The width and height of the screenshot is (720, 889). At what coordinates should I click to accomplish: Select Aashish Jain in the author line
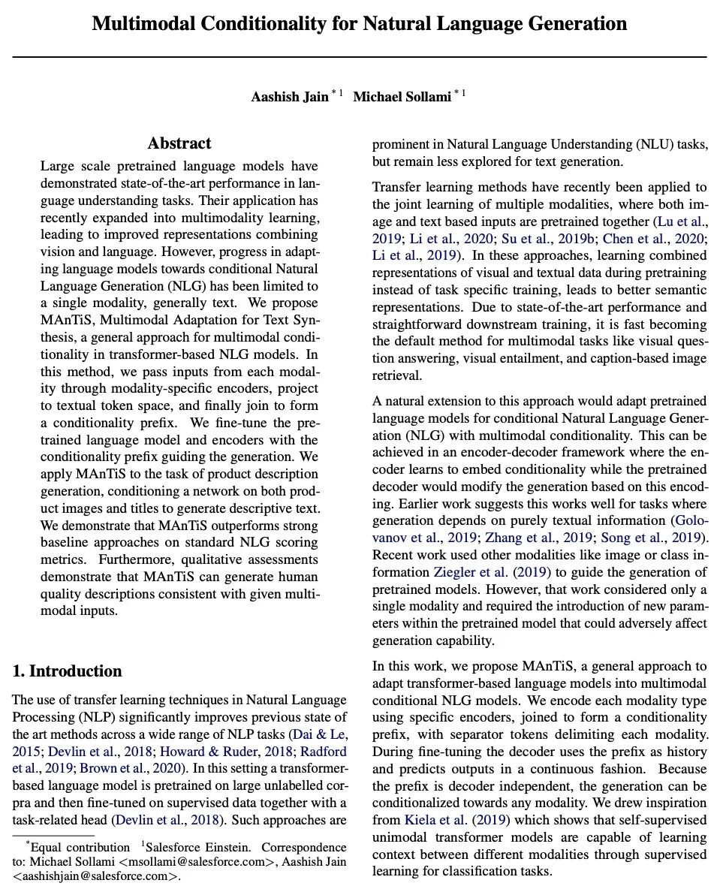(289, 97)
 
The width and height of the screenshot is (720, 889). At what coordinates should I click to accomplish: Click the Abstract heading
(179, 143)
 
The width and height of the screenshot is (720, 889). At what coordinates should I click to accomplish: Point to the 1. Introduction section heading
(67, 671)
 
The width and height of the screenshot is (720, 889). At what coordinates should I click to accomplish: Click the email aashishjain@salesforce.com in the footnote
(95, 875)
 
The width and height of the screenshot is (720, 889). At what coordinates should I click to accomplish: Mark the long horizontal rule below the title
(360, 56)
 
